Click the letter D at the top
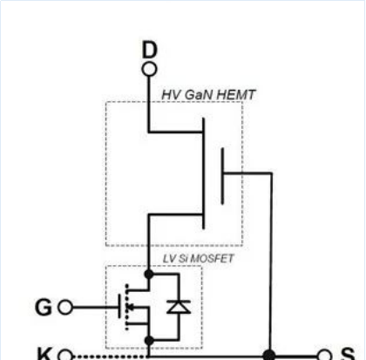[x=150, y=50]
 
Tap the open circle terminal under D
[x=150, y=70]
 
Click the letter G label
[x=44, y=308]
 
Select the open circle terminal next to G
[x=65, y=308]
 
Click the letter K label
[x=44, y=353]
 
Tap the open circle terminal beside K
[x=65, y=355]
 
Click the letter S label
[x=348, y=354]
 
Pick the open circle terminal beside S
[x=324, y=355]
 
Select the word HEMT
[x=236, y=95]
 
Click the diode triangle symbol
[x=179, y=307]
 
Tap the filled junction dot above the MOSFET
[x=149, y=274]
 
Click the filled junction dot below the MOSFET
[x=149, y=341]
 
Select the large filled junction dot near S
[x=269, y=356]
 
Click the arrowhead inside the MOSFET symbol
[x=132, y=307]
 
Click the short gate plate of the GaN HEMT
[x=222, y=176]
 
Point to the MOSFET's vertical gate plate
[x=119, y=306]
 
